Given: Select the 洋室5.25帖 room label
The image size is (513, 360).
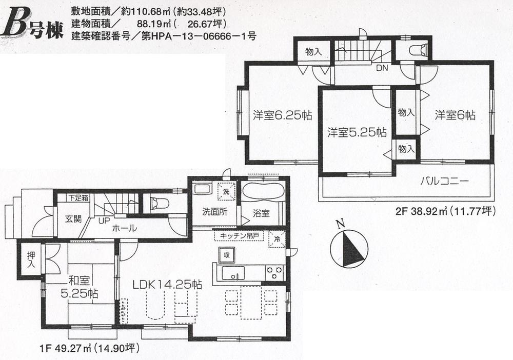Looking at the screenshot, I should coord(357,132).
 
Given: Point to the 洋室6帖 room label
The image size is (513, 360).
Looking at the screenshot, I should coord(455,115).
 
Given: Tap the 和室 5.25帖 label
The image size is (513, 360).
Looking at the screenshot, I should coord(82,287).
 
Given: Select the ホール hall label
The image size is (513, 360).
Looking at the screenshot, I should coord(124,229).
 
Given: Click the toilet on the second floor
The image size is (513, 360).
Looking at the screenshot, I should coord(418,50).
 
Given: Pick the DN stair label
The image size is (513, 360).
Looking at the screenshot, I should coord(382,68).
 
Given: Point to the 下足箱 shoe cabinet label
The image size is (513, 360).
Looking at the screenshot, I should coord(78,197).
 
